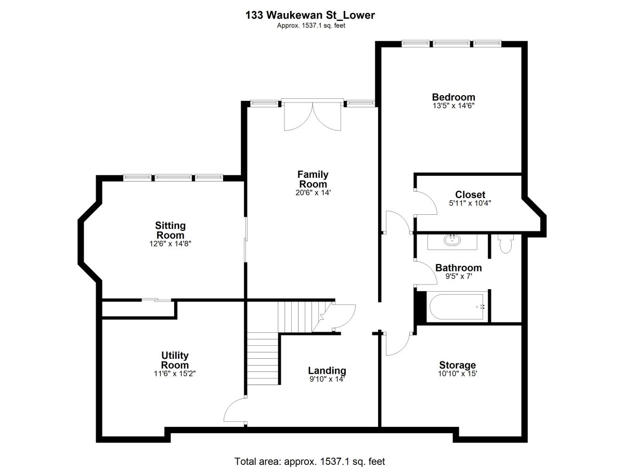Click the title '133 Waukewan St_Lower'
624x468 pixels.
pos(310,15)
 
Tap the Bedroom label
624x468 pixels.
pos(453,97)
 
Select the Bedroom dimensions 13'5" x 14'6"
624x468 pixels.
pos(453,106)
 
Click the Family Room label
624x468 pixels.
pos(313,179)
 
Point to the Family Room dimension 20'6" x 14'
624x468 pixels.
pos(313,192)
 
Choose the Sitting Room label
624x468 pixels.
pos(170,230)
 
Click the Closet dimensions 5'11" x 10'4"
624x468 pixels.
pos(470,203)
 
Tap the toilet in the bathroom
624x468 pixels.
pos(505,243)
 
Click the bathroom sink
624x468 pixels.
pos(452,240)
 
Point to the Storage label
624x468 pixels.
pos(458,365)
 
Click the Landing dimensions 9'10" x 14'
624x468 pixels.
pos(327,379)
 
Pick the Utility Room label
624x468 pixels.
pos(175,360)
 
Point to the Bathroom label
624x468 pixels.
pos(459,268)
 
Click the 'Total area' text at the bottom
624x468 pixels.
pos(309,461)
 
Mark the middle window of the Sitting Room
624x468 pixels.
pos(173,178)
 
